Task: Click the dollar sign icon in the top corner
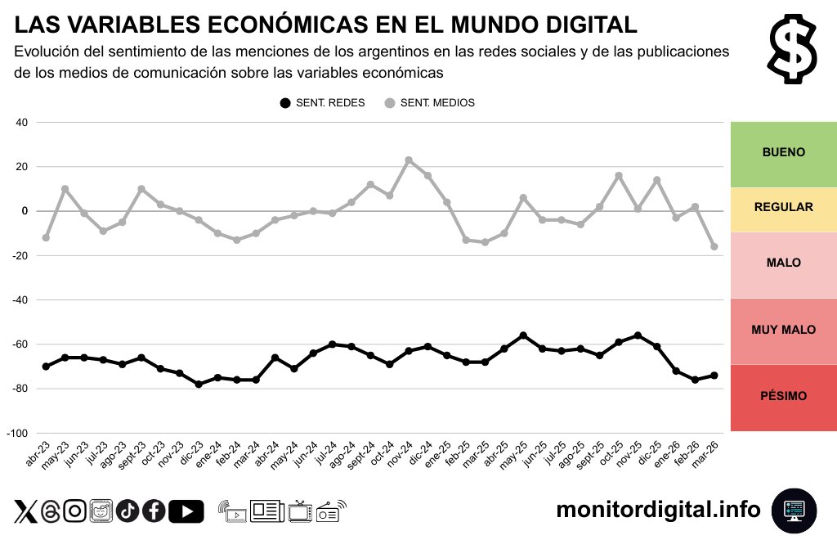[x=793, y=50]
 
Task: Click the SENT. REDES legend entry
[x=322, y=103]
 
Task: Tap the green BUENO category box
[x=783, y=153]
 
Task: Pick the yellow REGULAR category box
[x=783, y=209]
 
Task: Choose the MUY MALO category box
[x=783, y=331]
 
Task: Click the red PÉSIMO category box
[x=783, y=397]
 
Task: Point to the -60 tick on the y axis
[x=17, y=344]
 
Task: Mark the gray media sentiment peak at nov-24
[x=409, y=160]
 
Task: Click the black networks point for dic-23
[x=199, y=384]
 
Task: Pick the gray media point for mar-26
[x=714, y=246]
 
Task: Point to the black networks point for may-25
[x=523, y=335]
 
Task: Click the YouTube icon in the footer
[x=186, y=511]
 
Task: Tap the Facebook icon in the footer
[x=154, y=511]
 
